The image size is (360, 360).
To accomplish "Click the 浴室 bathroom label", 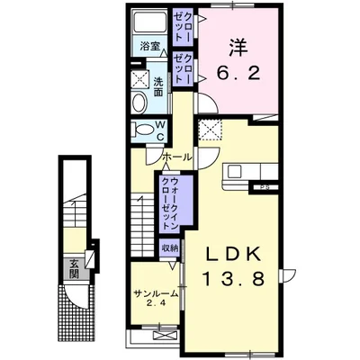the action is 149,47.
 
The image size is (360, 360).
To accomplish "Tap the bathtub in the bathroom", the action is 150,22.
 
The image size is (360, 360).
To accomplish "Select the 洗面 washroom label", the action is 158,86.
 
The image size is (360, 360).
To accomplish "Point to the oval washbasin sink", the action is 139,103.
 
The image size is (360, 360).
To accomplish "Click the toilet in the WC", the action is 143,130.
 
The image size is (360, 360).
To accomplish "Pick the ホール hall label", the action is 177,157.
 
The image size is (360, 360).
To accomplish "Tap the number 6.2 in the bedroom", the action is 238,72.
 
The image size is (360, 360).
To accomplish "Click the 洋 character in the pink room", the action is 238,48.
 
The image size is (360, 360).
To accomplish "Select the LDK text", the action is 232,255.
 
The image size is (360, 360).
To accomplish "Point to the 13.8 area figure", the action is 234,278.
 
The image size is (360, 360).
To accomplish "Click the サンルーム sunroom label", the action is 157,293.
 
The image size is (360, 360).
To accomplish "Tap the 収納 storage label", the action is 170,248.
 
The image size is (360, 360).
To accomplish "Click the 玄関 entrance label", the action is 74,269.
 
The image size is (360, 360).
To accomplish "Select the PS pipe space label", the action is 265,188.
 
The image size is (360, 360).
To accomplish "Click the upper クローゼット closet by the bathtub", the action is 183,27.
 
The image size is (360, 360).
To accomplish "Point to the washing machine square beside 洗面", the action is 140,79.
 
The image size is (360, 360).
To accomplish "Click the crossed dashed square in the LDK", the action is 211,130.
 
